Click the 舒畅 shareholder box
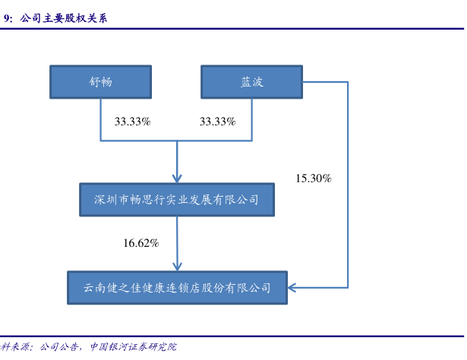pos(100,82)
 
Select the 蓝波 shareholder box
pos(251,82)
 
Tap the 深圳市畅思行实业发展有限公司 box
pos(176,201)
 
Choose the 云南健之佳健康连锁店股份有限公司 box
pos(177,288)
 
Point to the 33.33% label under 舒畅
pos(132,122)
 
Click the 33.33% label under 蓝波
pos(217,122)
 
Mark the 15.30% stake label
pos(314,178)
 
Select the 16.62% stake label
pos(141,243)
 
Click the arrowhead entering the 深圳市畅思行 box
pos(177,178)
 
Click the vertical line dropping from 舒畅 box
pos(101,119)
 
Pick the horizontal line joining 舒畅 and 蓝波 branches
pos(176,141)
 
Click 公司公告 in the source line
pos(59,346)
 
